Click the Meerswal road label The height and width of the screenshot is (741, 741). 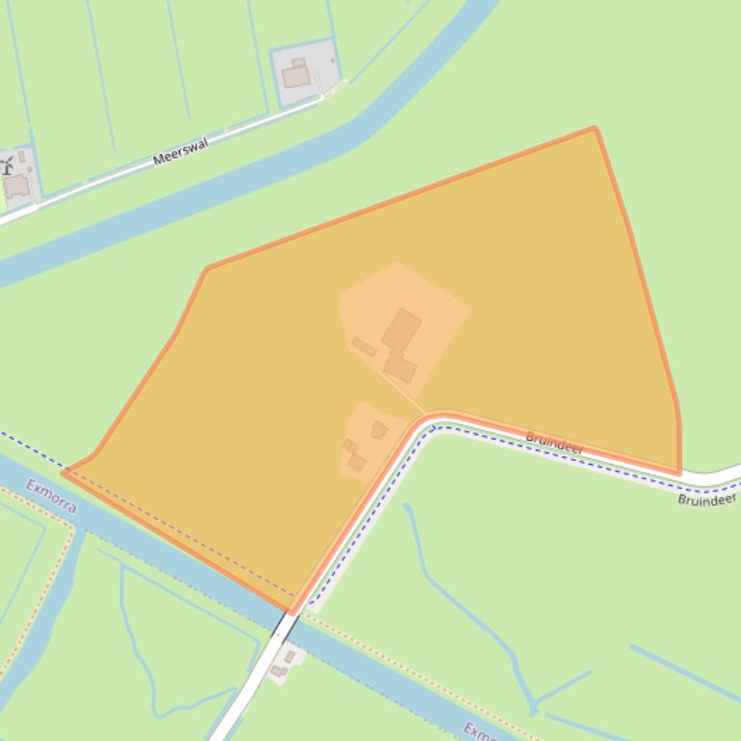(180, 152)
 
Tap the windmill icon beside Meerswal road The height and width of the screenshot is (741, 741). (7, 166)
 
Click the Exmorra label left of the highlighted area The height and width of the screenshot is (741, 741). (51, 496)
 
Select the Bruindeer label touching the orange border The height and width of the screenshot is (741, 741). (554, 444)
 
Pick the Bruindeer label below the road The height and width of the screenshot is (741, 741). (706, 499)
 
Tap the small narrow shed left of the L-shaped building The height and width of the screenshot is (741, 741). (364, 346)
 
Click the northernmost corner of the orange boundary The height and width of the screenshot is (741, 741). (595, 128)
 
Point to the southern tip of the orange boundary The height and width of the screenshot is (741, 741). (292, 611)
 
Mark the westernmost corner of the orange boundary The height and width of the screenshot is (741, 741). (64, 472)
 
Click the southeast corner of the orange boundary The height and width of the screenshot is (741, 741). (679, 473)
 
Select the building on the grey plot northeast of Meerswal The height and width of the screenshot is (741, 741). (296, 74)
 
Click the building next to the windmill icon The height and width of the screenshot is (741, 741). (17, 186)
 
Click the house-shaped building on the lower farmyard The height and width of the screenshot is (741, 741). (379, 429)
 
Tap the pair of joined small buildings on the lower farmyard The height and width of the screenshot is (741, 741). (353, 455)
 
